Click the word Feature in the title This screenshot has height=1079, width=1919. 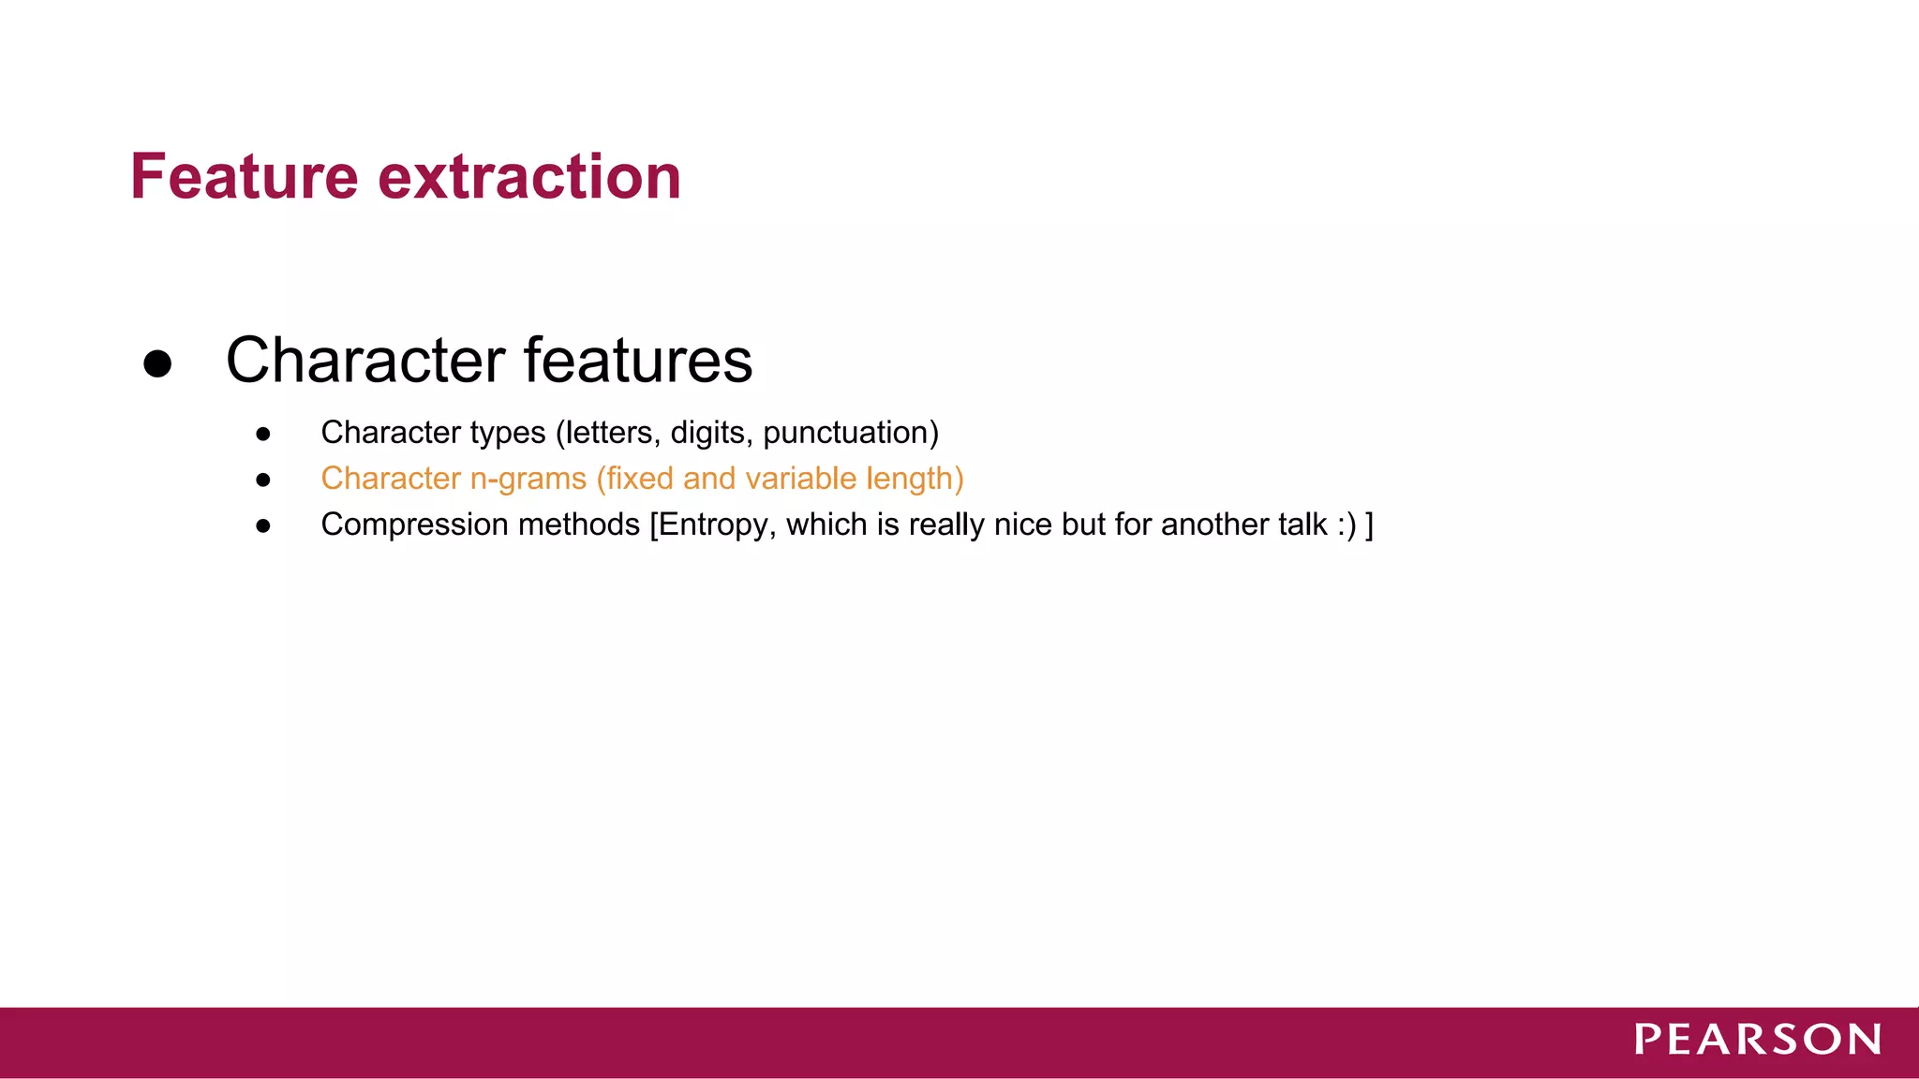pos(245,177)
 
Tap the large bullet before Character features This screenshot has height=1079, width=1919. pos(157,363)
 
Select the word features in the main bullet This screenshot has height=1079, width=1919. pos(637,361)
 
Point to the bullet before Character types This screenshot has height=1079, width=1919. pos(263,434)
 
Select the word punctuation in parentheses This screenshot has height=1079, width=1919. pos(845,433)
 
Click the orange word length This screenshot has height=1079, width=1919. pos(909,479)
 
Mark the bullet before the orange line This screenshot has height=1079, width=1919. pos(263,480)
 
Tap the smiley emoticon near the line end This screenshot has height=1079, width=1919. pos(1346,525)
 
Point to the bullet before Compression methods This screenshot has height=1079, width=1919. pos(263,525)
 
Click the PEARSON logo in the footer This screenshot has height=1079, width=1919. pos(1758,1040)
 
